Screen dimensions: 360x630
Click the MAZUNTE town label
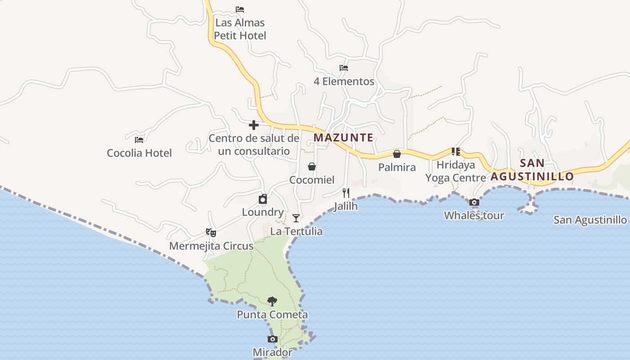[343, 138]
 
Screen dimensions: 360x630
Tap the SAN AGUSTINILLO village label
[532, 170]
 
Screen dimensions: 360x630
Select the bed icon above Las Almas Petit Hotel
[240, 9]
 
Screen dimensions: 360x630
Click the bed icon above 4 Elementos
[344, 68]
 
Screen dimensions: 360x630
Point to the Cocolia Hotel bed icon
[139, 139]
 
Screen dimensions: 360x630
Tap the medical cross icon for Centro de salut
[254, 125]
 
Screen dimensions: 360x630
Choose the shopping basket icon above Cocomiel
[311, 167]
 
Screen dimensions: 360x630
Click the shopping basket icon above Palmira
[397, 154]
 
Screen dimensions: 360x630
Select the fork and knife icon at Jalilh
[346, 193]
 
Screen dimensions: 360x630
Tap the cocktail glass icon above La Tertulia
[296, 218]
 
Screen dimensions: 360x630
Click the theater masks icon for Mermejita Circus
[211, 233]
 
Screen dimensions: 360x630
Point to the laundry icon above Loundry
[263, 199]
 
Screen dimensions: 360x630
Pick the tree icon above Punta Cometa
[272, 301]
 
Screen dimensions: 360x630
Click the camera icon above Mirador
[272, 339]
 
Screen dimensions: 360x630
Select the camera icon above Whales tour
[474, 202]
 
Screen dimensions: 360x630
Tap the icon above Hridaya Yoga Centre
[455, 152]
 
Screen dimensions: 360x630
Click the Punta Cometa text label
[272, 315]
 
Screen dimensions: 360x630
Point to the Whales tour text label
[474, 216]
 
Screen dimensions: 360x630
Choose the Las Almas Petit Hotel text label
[240, 29]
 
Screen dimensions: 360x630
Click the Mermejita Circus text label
[211, 246]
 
